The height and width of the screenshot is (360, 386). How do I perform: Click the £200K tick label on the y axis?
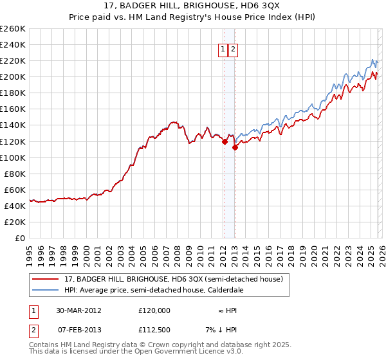(13, 76)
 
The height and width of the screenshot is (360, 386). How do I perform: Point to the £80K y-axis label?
(15, 174)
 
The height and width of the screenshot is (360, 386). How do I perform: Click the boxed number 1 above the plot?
(223, 49)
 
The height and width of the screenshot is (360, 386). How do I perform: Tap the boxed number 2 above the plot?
(233, 49)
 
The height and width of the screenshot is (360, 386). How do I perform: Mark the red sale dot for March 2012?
(225, 141)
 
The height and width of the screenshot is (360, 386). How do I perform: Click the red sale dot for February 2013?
(235, 147)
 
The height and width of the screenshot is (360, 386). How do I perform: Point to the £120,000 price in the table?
(154, 310)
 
